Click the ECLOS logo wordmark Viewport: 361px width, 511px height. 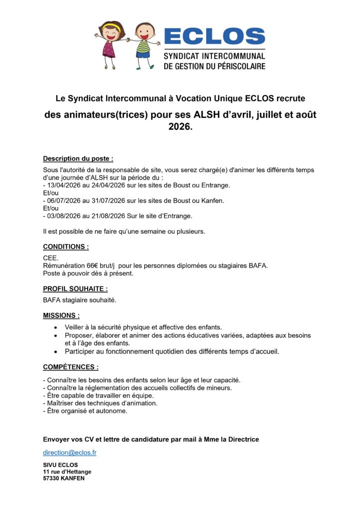214,36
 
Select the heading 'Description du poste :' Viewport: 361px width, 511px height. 78,159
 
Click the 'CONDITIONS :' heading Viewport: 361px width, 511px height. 66,247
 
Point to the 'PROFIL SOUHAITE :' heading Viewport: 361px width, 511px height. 75,288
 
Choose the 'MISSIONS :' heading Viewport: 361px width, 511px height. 61,315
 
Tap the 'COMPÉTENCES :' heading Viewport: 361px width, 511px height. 70,367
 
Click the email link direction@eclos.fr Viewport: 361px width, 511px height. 70,453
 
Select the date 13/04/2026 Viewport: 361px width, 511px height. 64,185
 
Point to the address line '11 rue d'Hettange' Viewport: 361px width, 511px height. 67,472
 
